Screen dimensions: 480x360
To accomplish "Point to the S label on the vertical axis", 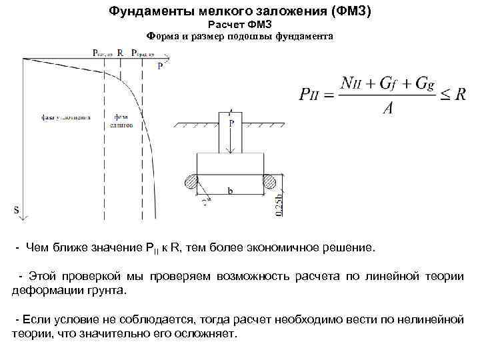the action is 17,210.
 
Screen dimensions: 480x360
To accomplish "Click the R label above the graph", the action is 119,51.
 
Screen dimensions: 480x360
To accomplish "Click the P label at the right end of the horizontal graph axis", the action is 160,67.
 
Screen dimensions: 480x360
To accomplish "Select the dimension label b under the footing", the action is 230,191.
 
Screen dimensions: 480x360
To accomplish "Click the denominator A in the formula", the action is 387,108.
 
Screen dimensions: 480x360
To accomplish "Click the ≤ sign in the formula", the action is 445,95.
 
